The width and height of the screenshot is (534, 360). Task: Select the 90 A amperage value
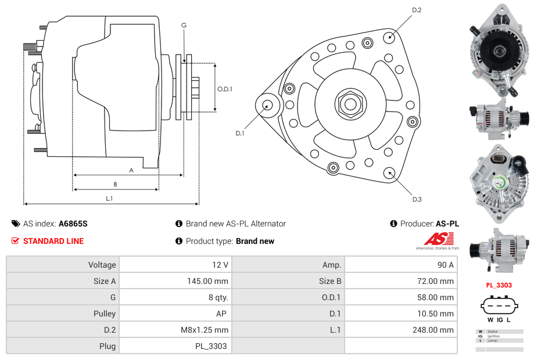pos(445,265)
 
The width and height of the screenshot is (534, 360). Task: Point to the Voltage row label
pos(102,265)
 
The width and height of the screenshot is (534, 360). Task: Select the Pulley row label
pos(105,314)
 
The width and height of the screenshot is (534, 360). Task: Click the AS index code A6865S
pos(73,224)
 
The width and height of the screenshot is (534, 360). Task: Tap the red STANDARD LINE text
pos(53,241)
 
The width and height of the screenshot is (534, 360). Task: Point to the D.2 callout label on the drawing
pos(416,10)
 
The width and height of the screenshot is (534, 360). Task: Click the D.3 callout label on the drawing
pos(416,200)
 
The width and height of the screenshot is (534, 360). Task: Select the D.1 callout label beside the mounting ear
pos(239,134)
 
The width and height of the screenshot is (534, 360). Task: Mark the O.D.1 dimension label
pos(225,89)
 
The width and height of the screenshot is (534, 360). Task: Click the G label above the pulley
pos(184,25)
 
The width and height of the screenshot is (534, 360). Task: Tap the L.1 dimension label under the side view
pos(109,199)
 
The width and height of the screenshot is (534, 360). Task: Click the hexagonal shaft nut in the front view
pos(350,105)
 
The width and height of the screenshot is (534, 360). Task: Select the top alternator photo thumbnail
pos(497,50)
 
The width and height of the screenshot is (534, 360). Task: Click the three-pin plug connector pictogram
pos(499,306)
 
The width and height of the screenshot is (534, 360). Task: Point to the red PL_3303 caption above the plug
pos(499,285)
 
